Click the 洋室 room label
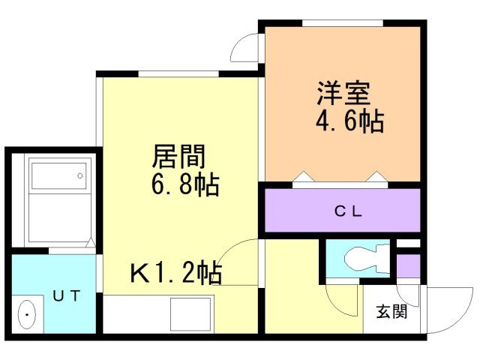(343, 93)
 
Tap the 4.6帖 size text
(349, 121)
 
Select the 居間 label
(178, 156)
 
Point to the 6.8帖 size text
(185, 184)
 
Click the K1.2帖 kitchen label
(176, 272)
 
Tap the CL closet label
(348, 211)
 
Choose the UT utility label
(67, 295)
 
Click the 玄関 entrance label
(391, 312)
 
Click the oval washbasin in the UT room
(27, 315)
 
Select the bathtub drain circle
(80, 175)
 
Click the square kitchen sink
(190, 314)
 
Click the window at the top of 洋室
(343, 23)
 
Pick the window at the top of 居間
(178, 73)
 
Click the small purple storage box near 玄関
(408, 265)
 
